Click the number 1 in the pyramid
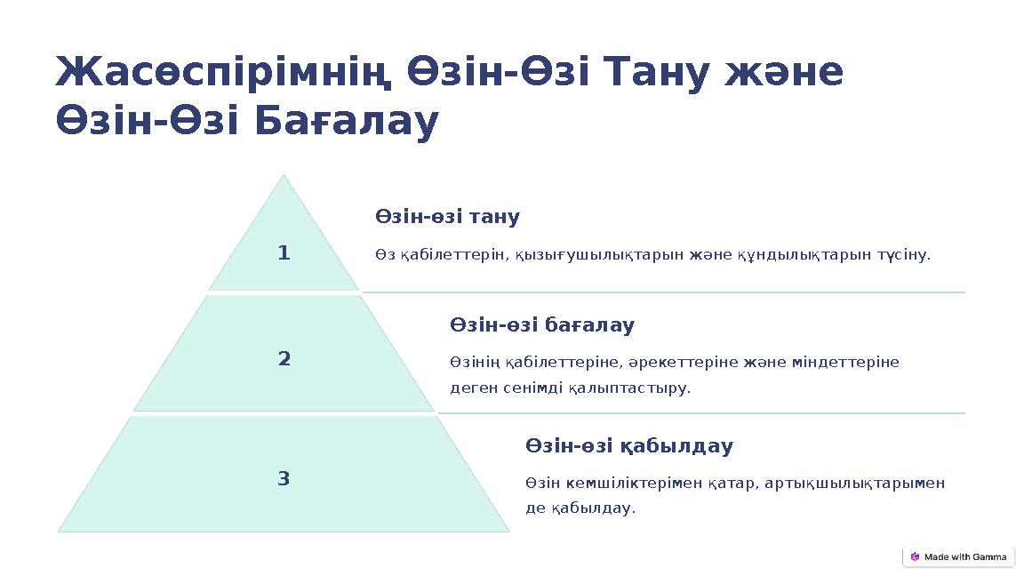click(x=284, y=254)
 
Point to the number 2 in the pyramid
click(x=284, y=359)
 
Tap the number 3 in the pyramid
click(x=284, y=479)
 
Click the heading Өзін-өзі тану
click(x=447, y=217)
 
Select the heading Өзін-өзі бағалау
click(x=542, y=325)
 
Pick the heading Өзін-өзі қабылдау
click(x=629, y=445)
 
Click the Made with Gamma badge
click(x=958, y=556)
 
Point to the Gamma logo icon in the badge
click(x=915, y=556)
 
